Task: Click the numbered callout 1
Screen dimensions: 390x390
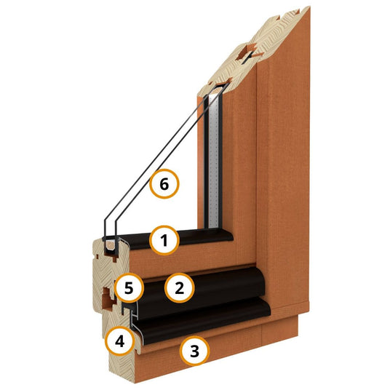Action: (164, 240)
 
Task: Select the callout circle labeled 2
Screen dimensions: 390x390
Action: (179, 288)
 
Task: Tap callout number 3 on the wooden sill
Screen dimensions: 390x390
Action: (194, 351)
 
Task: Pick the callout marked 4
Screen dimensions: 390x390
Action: (119, 341)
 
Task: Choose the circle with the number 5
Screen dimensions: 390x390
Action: (129, 288)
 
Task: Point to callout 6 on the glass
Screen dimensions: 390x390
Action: (164, 184)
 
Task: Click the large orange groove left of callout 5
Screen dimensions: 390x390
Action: (108, 298)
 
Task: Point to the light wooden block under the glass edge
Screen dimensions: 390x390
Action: (110, 245)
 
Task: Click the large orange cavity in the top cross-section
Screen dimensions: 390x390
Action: (247, 52)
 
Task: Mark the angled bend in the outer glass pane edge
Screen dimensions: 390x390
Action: (105, 220)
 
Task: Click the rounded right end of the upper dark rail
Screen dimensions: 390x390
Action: (261, 279)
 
